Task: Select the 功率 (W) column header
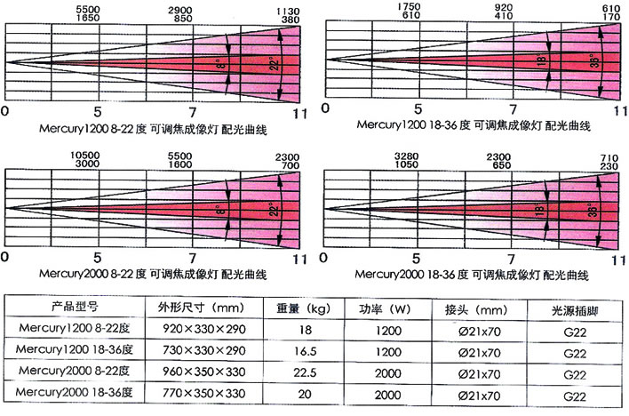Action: [x=386, y=308]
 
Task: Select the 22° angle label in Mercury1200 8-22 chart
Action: [x=275, y=63]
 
